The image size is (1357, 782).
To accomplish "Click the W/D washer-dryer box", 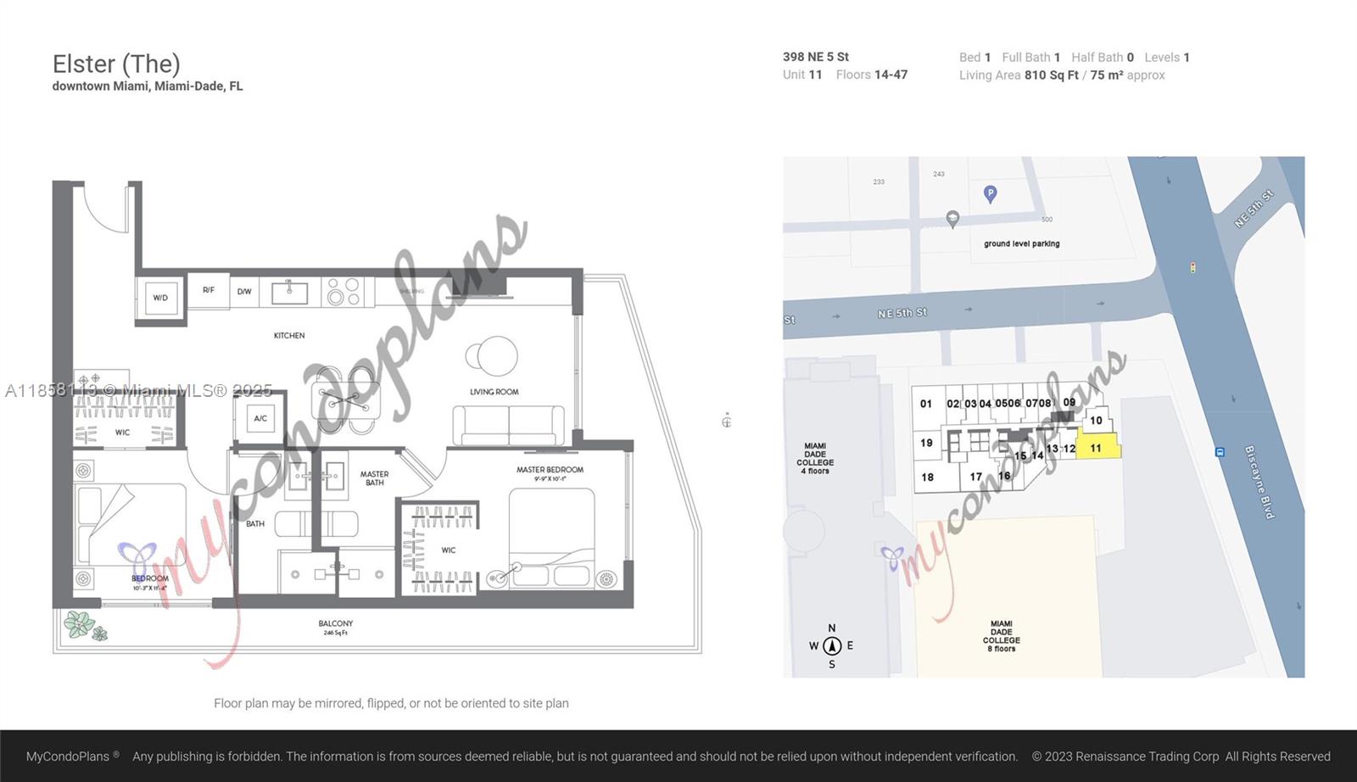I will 160,298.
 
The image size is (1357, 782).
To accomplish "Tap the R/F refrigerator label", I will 209,290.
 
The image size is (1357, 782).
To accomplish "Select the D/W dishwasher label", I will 244,292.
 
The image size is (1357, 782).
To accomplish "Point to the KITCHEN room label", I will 289,336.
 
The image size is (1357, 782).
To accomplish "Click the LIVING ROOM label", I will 494,392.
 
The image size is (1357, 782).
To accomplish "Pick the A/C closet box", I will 260,418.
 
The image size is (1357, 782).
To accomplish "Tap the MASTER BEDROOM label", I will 550,470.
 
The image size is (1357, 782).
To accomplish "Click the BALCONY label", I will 336,623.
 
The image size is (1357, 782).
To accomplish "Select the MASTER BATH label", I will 374,478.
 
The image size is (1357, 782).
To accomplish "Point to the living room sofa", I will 508,425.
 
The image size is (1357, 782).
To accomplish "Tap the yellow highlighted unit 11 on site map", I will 1097,447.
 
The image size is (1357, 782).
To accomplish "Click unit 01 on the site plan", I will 926,404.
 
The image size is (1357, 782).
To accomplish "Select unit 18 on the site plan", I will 928,478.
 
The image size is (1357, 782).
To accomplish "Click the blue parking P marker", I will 990,193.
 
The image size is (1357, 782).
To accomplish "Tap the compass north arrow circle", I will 832,645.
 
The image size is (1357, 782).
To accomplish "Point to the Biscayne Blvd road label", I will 1259,482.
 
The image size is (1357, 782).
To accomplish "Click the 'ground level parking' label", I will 1021,243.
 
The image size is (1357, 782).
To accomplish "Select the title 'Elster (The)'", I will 116,64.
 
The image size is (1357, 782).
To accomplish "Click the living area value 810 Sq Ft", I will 1051,75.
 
